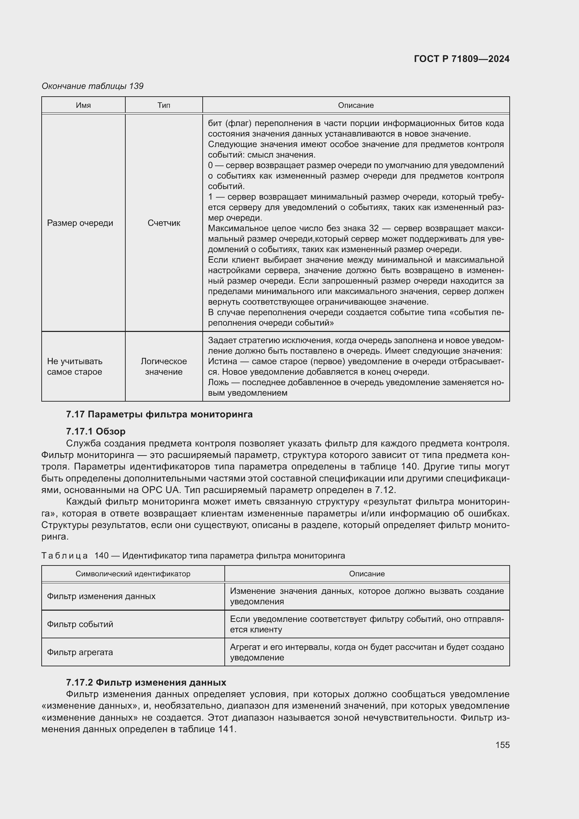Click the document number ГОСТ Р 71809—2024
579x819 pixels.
click(x=461, y=59)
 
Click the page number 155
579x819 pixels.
click(x=502, y=745)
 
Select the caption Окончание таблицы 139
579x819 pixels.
click(x=92, y=86)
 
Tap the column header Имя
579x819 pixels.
click(x=83, y=105)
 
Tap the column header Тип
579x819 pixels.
click(x=163, y=105)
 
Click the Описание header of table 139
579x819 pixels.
click(x=355, y=105)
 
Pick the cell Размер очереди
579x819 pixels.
click(x=80, y=223)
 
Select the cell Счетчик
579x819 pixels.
click(x=163, y=223)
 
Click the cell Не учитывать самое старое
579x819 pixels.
click(x=75, y=366)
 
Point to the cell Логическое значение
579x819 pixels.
click(x=163, y=366)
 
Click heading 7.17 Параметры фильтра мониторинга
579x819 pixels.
click(x=159, y=414)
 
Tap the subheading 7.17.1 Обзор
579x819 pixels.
click(x=96, y=431)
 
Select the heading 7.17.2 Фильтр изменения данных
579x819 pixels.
click(x=146, y=682)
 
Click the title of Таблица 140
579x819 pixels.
click(x=193, y=555)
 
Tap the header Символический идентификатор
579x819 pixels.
click(x=133, y=574)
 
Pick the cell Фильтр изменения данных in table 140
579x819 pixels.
click(x=101, y=596)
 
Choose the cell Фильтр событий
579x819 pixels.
click(x=80, y=624)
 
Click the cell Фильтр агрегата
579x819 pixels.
click(x=80, y=652)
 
